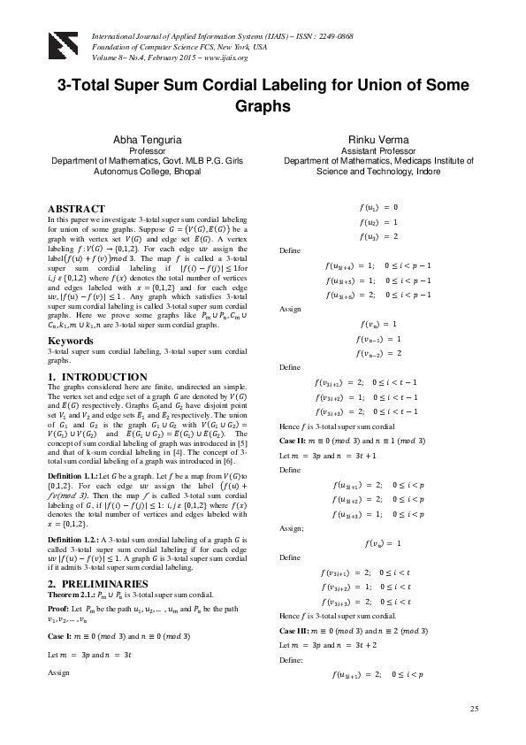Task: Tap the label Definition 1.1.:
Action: [x=72, y=476]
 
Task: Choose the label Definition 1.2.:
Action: [x=72, y=538]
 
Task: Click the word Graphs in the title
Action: [x=263, y=106]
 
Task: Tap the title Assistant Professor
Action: [x=383, y=151]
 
